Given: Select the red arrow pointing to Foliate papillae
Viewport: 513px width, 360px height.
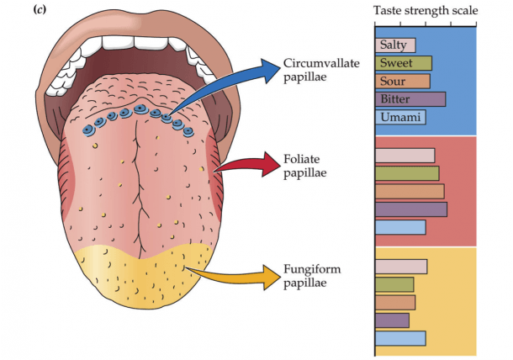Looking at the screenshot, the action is pyautogui.click(x=249, y=164).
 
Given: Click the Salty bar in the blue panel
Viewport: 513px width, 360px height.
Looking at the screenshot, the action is pyautogui.click(x=395, y=45).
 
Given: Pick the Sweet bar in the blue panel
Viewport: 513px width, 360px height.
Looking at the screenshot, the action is pyautogui.click(x=404, y=63).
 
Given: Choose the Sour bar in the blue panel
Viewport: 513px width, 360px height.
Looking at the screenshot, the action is pyautogui.click(x=403, y=81).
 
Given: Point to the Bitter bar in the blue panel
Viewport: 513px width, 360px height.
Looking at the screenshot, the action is pyautogui.click(x=410, y=99).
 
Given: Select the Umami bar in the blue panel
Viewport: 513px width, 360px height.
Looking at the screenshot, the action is pyautogui.click(x=400, y=117).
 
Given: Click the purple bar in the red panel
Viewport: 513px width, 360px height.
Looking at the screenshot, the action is pyautogui.click(x=411, y=209).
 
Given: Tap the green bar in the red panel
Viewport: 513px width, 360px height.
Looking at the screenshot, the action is pyautogui.click(x=407, y=173).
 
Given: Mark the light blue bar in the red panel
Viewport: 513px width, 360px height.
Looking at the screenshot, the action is pyautogui.click(x=400, y=227).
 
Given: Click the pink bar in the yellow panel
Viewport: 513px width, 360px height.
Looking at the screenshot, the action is pyautogui.click(x=401, y=267).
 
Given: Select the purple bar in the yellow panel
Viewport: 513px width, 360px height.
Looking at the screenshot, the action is pyautogui.click(x=392, y=320).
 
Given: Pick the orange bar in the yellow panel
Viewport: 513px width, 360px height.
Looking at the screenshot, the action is pyautogui.click(x=395, y=303).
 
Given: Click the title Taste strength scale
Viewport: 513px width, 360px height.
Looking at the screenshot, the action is pyautogui.click(x=426, y=11).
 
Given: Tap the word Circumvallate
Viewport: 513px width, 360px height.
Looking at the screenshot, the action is pyautogui.click(x=321, y=63).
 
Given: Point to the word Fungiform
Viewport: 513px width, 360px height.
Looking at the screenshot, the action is pyautogui.click(x=312, y=270).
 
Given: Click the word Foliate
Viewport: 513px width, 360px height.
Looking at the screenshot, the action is pyautogui.click(x=302, y=159).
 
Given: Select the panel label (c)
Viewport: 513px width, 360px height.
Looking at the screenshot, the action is pyautogui.click(x=40, y=10).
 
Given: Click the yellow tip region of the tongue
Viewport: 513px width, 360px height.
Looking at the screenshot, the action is pyautogui.click(x=144, y=278).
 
